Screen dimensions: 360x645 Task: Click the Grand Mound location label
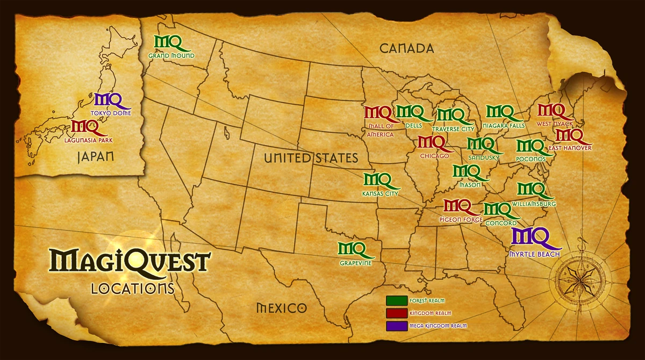point(171,55)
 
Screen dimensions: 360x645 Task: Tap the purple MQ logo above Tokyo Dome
point(109,99)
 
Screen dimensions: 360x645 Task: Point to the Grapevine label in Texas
point(356,263)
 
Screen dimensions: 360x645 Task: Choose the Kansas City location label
point(381,193)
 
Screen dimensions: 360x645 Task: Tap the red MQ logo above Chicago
point(432,143)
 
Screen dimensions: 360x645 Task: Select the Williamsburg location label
point(534,204)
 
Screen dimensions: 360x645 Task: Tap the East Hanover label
point(570,148)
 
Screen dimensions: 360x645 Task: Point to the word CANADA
point(406,48)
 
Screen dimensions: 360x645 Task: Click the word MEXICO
point(281,308)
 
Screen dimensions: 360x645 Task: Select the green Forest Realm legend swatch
point(396,300)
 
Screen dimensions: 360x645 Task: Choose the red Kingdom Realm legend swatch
point(396,313)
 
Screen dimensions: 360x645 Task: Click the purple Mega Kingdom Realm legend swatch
point(396,326)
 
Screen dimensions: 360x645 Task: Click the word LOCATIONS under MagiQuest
point(133,288)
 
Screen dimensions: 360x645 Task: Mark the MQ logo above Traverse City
point(450,116)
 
